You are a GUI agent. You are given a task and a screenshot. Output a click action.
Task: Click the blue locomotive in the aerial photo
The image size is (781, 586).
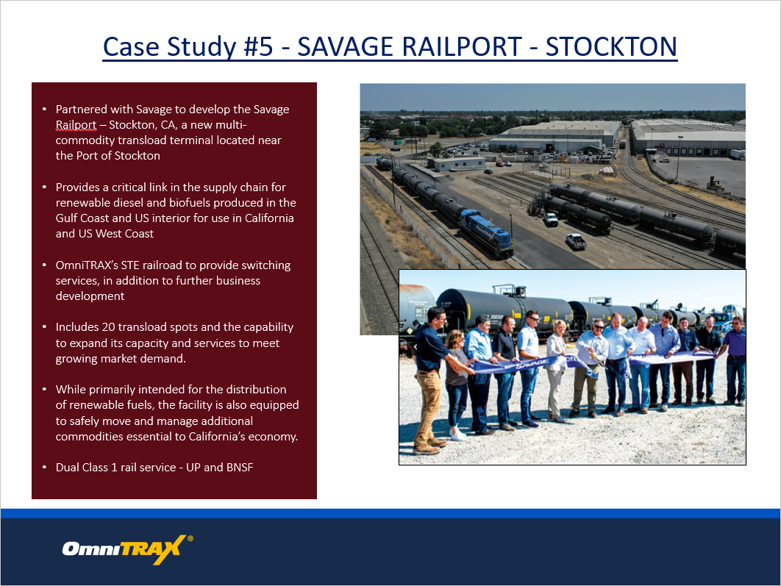(485, 233)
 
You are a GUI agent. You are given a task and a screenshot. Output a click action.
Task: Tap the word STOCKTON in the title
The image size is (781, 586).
(611, 47)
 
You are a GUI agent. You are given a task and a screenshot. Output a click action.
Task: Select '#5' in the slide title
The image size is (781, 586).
(259, 47)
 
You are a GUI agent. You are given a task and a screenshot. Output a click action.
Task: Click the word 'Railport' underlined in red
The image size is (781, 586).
(76, 125)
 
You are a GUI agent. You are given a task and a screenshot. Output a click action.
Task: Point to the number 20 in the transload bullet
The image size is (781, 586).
(108, 327)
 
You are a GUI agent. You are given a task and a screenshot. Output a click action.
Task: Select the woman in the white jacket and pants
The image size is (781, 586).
(557, 371)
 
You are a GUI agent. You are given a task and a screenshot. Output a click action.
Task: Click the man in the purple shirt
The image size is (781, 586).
(734, 360)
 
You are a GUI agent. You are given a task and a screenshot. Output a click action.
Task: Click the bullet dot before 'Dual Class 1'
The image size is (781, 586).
(44, 468)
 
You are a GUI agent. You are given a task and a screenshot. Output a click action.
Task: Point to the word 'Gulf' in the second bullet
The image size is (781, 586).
(66, 218)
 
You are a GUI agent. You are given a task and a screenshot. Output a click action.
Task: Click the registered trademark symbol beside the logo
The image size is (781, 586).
(190, 538)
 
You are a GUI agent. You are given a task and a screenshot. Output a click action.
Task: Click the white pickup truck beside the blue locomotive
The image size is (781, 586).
(577, 241)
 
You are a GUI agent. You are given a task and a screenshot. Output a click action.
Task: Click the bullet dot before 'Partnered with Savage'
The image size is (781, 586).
(44, 109)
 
